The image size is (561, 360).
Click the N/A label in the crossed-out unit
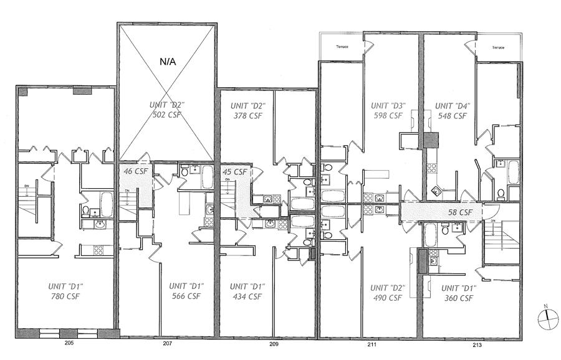pos(168,62)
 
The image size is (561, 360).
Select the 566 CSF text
pos(186,296)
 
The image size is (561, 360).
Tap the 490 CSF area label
pos(388,298)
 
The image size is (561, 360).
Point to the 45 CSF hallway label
pos(235,172)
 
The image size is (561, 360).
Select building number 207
pos(167,343)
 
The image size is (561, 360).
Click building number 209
pos(274,343)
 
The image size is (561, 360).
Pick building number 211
pos(372,343)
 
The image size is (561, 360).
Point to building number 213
pos(477,343)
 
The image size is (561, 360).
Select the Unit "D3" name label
pos(388,105)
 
